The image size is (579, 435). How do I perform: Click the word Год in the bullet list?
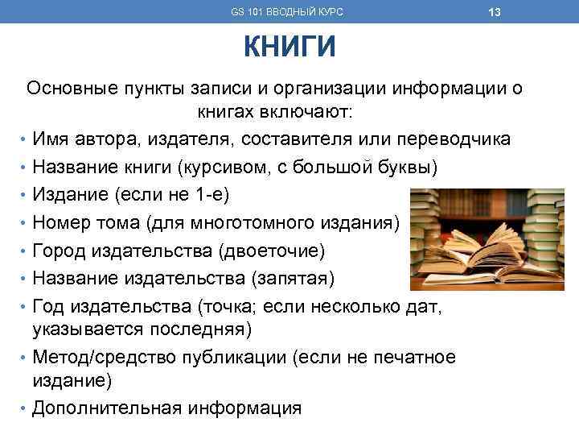pyautogui.click(x=50, y=307)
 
